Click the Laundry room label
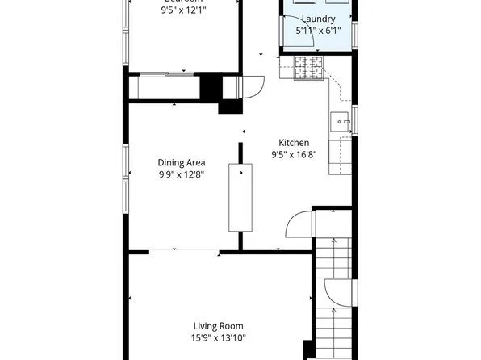pos(319,19)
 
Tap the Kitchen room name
pos(294,143)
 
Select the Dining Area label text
pos(181,162)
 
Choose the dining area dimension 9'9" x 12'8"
pos(181,174)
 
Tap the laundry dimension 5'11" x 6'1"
pos(318,31)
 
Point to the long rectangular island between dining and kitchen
pos(240,198)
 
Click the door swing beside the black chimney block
pos(252,85)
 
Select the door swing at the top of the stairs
pos(301,223)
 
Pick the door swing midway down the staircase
pos(335,292)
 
